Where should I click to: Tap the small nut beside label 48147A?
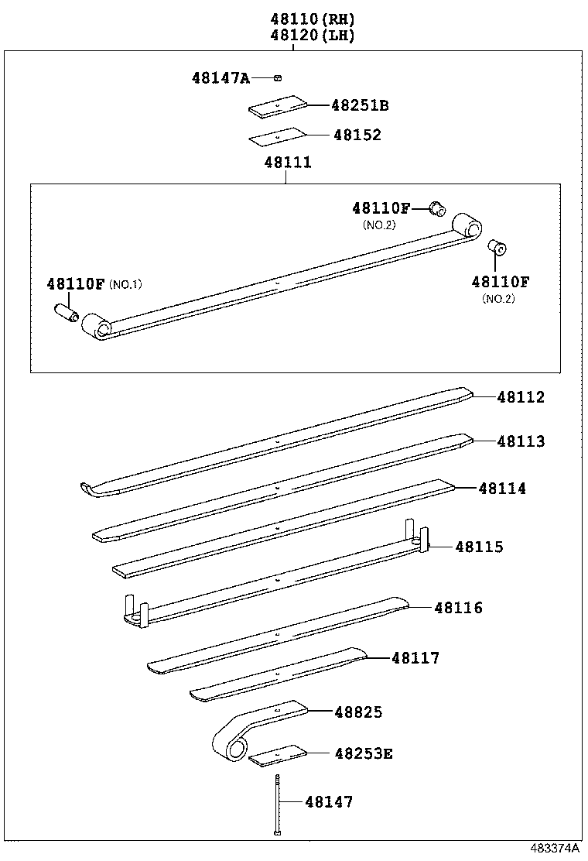click(278, 77)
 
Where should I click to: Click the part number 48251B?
click(360, 105)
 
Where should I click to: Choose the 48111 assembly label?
click(287, 163)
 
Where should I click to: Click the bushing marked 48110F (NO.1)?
click(66, 313)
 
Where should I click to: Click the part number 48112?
click(521, 397)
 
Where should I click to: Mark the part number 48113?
click(521, 441)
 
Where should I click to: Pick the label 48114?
click(501, 489)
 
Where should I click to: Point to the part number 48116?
click(458, 608)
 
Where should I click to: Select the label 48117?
click(415, 658)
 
